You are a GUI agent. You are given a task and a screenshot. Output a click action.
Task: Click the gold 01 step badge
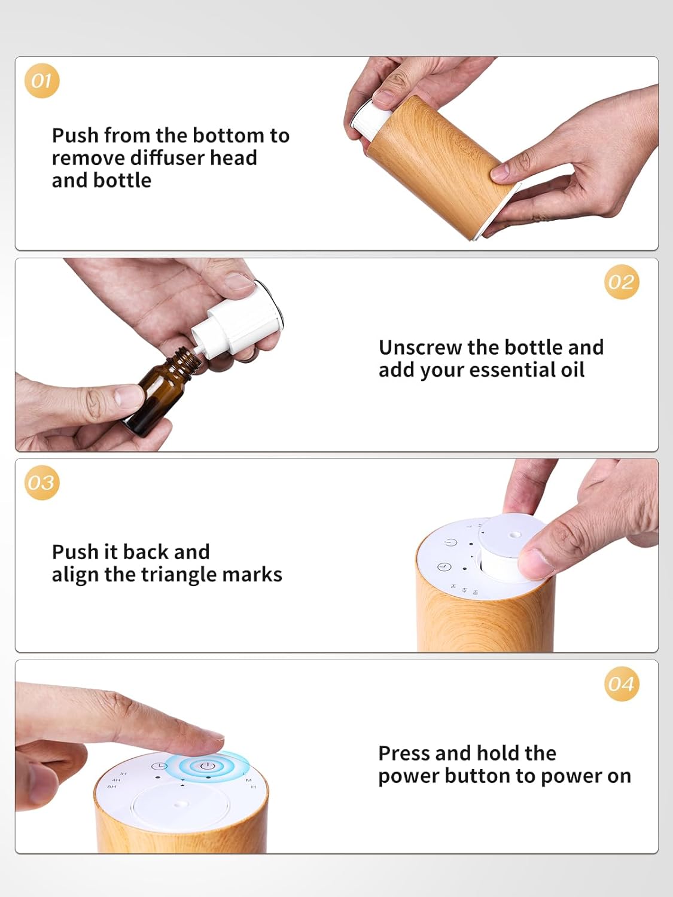(x=42, y=81)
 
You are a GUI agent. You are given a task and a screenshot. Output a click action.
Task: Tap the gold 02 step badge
(x=622, y=282)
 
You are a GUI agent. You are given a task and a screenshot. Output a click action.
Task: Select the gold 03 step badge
(x=42, y=482)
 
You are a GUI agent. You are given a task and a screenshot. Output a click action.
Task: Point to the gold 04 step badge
(x=622, y=684)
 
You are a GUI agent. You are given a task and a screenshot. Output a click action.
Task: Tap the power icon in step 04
(x=207, y=765)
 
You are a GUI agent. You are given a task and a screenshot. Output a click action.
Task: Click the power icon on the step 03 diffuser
(x=450, y=543)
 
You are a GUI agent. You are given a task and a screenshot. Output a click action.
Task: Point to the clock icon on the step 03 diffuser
(x=444, y=567)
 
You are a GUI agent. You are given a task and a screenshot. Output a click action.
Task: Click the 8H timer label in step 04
(x=111, y=786)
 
